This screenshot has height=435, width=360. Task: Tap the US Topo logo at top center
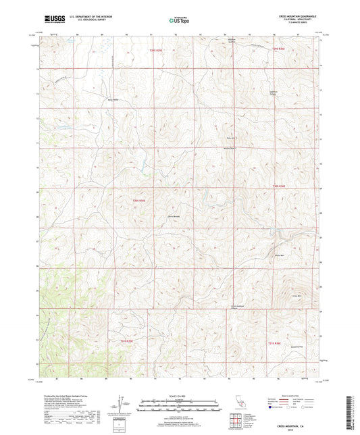[179, 20]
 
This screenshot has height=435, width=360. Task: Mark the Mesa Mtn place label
[279, 255]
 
